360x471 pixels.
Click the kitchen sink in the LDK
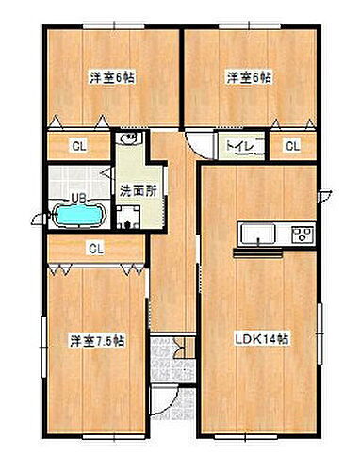[254, 235]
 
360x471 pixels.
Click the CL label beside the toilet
[293, 146]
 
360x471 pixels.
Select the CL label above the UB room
[78, 146]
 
